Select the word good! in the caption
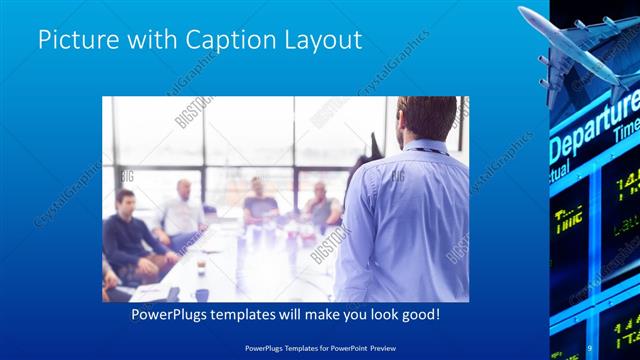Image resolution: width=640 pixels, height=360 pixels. (x=417, y=314)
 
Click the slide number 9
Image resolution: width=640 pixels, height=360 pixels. (x=591, y=347)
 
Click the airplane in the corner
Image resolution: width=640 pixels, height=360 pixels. (x=575, y=45)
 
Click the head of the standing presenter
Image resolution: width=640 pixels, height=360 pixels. (x=414, y=118)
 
